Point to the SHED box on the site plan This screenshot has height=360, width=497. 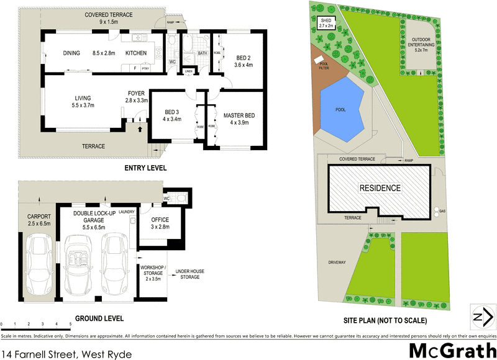[x=326, y=24]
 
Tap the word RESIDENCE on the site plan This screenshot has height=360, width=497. [x=379, y=187]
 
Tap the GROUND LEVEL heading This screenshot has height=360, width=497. [x=99, y=318]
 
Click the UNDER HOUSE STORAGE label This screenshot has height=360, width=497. [x=189, y=274]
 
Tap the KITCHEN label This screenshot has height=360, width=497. [x=136, y=53]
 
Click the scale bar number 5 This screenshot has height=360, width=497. [x=55, y=325]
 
